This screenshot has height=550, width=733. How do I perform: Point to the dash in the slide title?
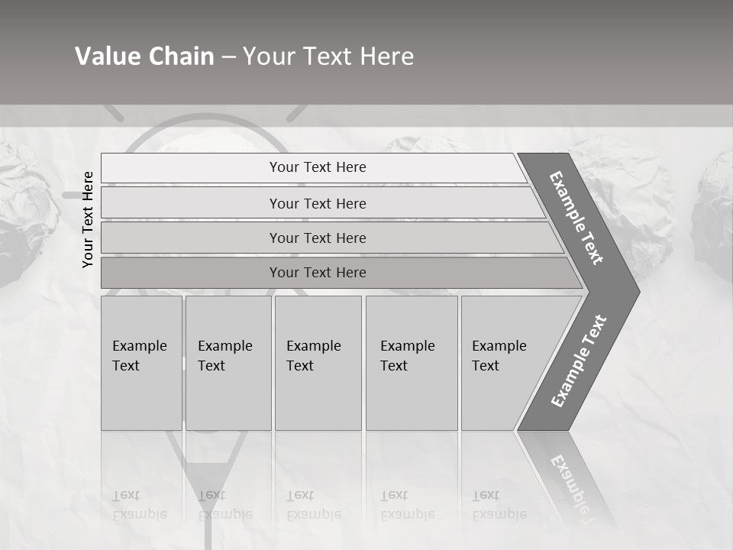(x=228, y=57)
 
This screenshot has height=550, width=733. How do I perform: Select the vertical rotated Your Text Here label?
(x=88, y=219)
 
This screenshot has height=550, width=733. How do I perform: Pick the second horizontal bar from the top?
(x=317, y=203)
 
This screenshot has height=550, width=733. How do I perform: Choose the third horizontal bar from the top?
(x=317, y=238)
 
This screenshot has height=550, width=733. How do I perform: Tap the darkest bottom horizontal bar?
(x=317, y=273)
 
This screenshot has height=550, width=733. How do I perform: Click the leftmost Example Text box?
(x=141, y=363)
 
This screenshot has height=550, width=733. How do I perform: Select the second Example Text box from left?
(x=228, y=363)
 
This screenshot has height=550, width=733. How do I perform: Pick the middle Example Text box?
(x=318, y=363)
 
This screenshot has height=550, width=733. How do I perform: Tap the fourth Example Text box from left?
(x=411, y=363)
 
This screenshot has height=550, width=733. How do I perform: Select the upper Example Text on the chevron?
(x=576, y=218)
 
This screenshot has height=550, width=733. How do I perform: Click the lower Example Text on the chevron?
(x=578, y=361)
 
